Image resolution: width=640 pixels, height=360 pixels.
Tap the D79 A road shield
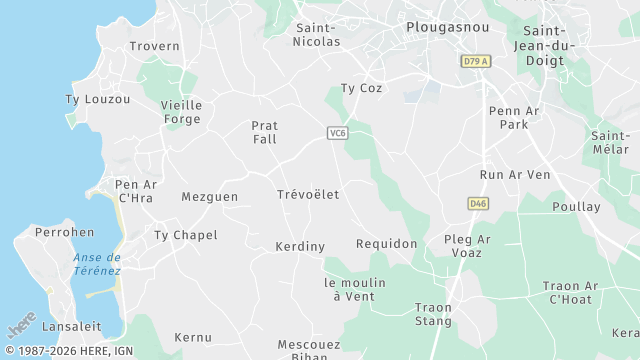[x=476, y=62]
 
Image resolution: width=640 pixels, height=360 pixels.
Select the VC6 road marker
[x=337, y=133]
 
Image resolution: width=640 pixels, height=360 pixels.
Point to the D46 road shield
[x=478, y=204]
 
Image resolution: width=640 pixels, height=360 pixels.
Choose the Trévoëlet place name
[x=307, y=194]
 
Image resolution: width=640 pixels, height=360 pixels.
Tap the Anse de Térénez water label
[x=97, y=264]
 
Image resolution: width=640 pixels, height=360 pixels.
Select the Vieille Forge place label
[x=182, y=112]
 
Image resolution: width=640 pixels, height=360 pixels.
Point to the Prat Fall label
[x=264, y=133]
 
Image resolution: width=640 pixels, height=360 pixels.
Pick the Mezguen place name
[x=210, y=197]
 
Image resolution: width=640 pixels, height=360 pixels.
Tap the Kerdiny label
[x=300, y=246]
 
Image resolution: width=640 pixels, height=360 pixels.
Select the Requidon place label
[x=386, y=244]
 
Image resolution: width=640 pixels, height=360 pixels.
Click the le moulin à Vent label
[x=355, y=290]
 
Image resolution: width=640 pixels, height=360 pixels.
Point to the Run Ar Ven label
[x=515, y=175]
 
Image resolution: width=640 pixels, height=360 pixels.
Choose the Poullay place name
[x=577, y=207]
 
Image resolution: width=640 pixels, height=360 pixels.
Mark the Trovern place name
[x=155, y=47]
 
